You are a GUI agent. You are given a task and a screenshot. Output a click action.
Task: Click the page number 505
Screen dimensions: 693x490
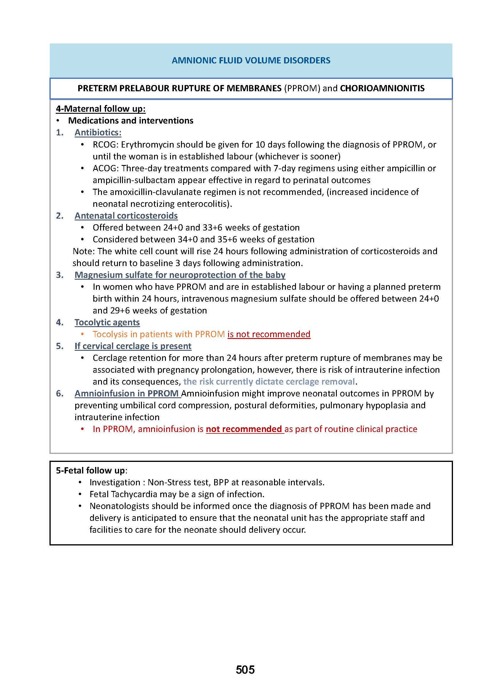tap(245, 670)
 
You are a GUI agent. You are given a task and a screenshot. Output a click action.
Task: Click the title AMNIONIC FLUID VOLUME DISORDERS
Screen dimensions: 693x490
tap(251, 60)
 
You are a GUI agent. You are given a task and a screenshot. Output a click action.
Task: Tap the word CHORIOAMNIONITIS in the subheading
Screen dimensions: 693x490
tap(382, 88)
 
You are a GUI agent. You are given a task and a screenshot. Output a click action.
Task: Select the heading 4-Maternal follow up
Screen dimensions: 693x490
tap(100, 109)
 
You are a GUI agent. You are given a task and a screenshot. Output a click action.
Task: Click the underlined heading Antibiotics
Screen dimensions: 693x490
tap(98, 132)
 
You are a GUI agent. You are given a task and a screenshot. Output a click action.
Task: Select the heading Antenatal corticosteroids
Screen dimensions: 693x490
tap(126, 215)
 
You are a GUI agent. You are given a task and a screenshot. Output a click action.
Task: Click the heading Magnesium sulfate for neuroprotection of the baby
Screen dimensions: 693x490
tap(180, 275)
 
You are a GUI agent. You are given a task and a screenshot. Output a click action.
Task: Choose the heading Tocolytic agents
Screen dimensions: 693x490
tap(107, 322)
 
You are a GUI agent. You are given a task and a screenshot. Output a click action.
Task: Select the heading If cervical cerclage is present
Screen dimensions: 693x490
tap(133, 346)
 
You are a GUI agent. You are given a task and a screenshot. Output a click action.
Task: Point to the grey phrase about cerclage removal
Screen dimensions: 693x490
tap(269, 382)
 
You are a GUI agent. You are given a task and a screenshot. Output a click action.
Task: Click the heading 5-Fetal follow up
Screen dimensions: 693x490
tap(91, 470)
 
